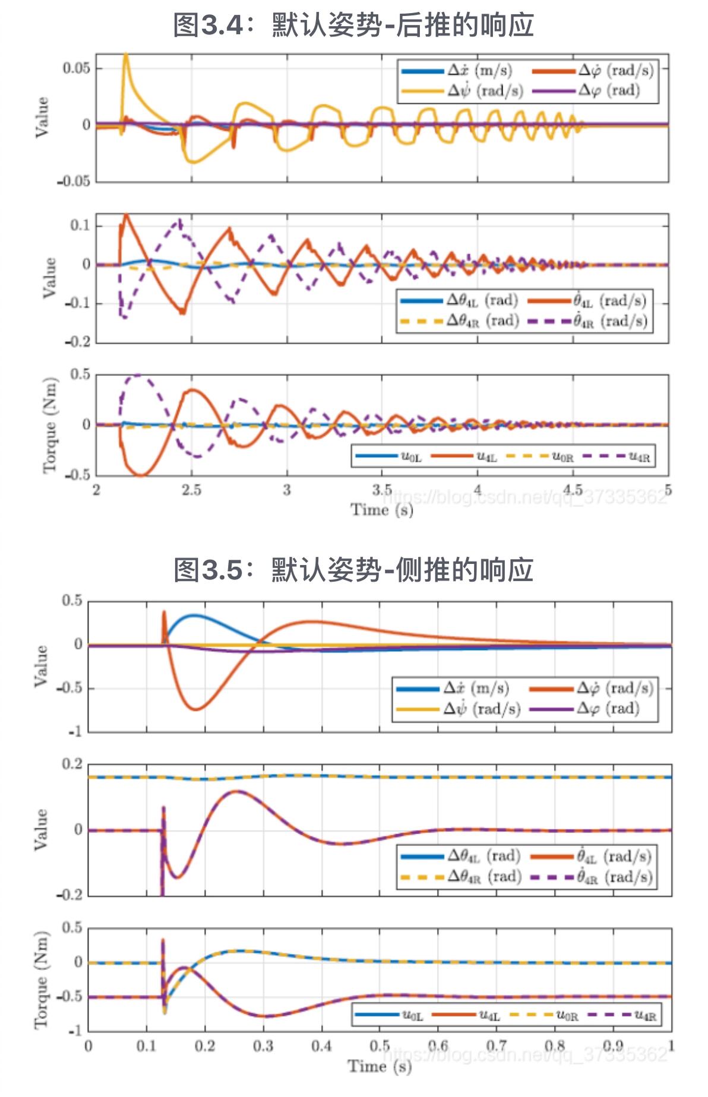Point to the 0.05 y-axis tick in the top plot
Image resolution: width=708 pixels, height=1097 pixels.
(x=77, y=68)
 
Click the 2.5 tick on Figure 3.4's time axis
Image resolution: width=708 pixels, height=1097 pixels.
(x=191, y=490)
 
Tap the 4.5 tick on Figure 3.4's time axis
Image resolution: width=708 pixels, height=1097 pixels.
(x=573, y=490)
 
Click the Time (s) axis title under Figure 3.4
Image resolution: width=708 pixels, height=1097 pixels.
(x=381, y=509)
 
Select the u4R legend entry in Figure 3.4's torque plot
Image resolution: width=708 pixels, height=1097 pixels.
(x=618, y=456)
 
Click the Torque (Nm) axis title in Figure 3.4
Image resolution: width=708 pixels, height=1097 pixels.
(x=50, y=425)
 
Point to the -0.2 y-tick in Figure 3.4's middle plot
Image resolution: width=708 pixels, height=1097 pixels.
(x=77, y=341)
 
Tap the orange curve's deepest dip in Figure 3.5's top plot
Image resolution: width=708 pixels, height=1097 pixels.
(x=196, y=709)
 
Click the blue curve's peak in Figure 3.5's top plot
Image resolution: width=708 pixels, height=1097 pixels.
(x=194, y=616)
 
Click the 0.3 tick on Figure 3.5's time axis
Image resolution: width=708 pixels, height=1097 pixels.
(x=263, y=1045)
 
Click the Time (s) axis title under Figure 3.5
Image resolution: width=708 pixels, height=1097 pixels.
(x=379, y=1066)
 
